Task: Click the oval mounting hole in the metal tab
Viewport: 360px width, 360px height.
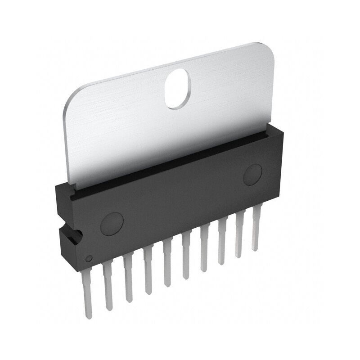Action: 178,89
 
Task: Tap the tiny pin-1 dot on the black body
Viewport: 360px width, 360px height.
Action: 89,258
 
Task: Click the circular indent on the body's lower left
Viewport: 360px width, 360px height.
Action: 111,222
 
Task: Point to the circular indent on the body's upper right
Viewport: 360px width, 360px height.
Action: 253,175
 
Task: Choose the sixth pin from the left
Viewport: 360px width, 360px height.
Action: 186,259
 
